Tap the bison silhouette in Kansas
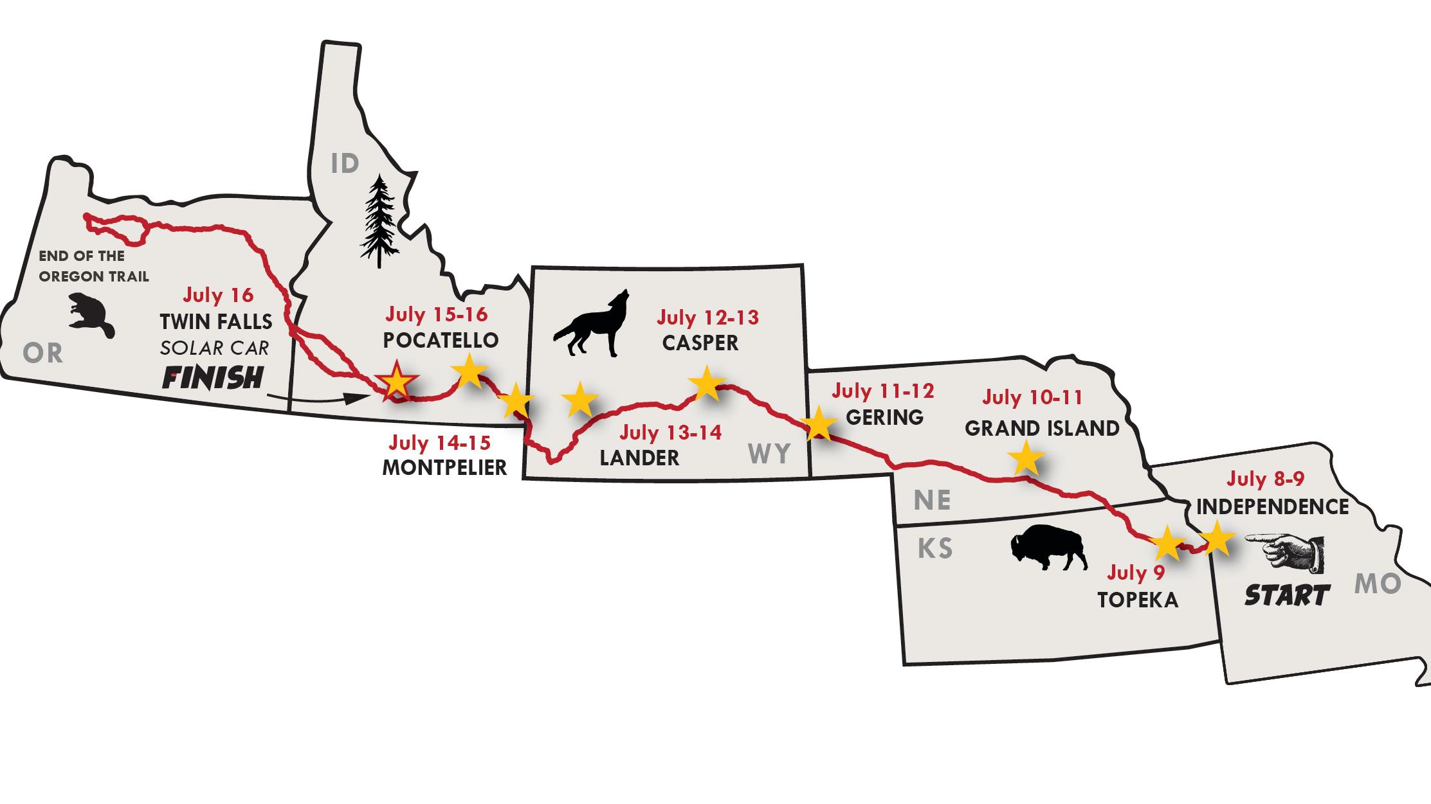[1048, 548]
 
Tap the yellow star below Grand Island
[1025, 459]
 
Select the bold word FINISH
[213, 378]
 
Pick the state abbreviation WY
[769, 454]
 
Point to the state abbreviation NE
[932, 500]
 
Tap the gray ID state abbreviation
[345, 164]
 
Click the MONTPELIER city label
[444, 467]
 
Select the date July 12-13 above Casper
[707, 317]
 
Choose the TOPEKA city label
[1138, 600]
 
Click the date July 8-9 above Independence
[1265, 479]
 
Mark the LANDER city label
[639, 458]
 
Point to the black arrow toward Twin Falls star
[315, 400]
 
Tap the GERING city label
[884, 417]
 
